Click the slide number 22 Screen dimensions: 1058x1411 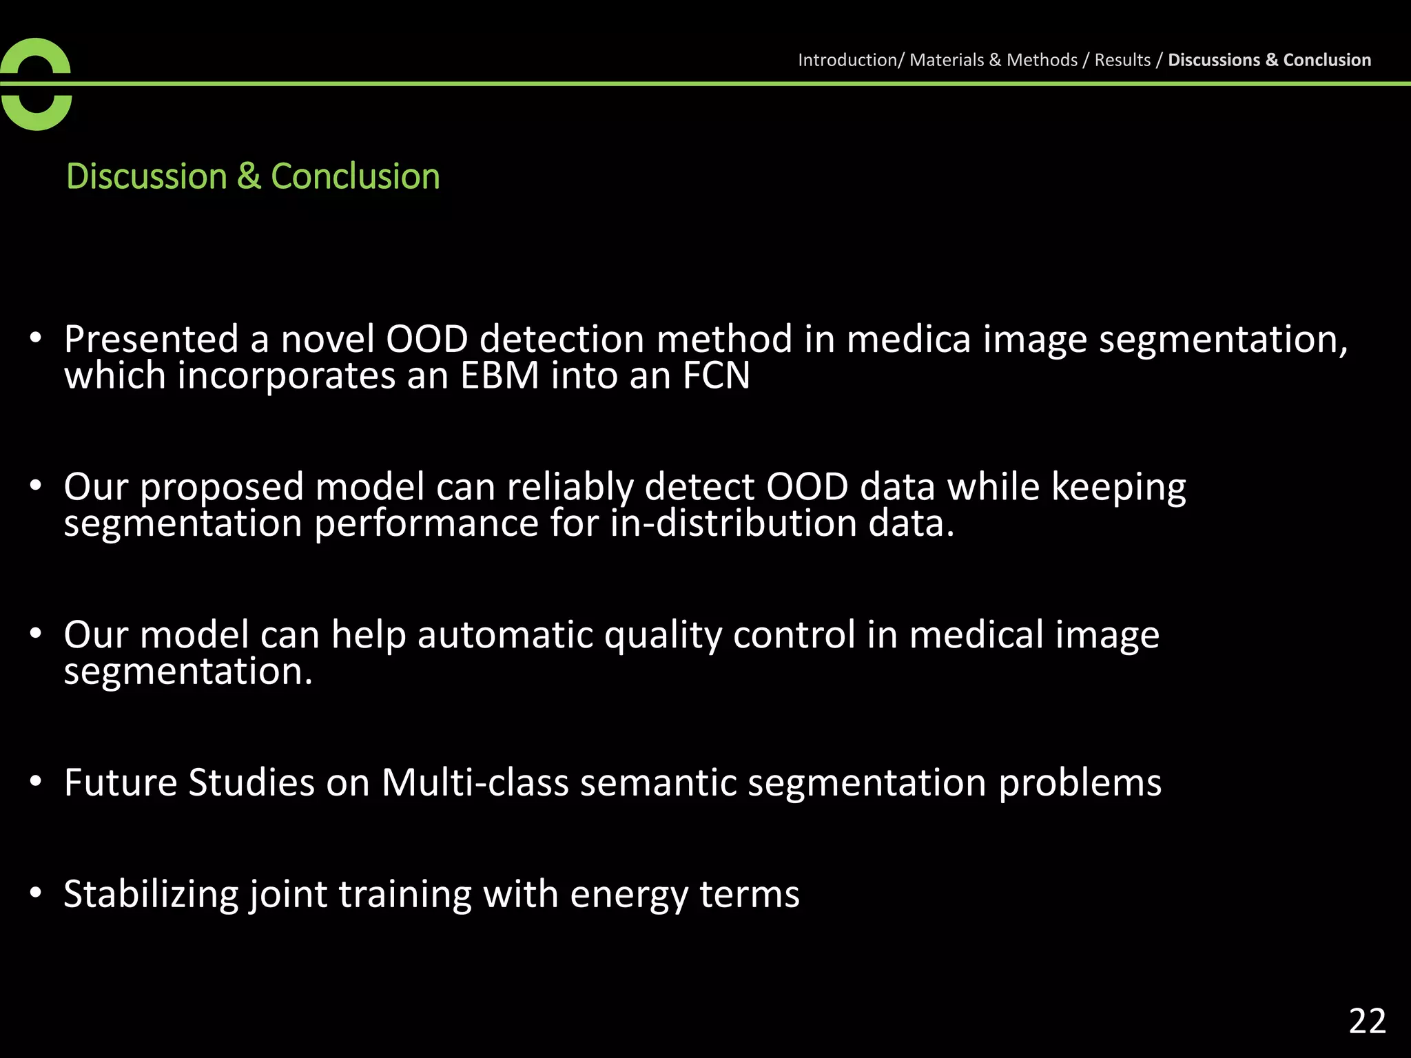[x=1367, y=1021]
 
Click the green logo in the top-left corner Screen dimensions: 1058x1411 [x=36, y=84]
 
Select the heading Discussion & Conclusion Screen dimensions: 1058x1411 [x=253, y=176]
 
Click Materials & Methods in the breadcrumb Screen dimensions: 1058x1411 [x=993, y=60]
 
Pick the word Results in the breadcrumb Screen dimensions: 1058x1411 [x=1122, y=60]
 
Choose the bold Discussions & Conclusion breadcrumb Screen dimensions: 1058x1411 [x=1269, y=60]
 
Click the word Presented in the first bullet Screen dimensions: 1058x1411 [x=151, y=339]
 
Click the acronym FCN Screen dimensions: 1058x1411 [x=716, y=376]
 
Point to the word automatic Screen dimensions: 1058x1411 [x=505, y=634]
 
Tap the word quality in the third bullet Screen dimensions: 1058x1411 [x=662, y=636]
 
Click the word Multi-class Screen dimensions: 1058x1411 [x=475, y=782]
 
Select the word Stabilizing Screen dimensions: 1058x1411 [x=151, y=894]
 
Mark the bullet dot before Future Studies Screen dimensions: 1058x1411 [x=36, y=782]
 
